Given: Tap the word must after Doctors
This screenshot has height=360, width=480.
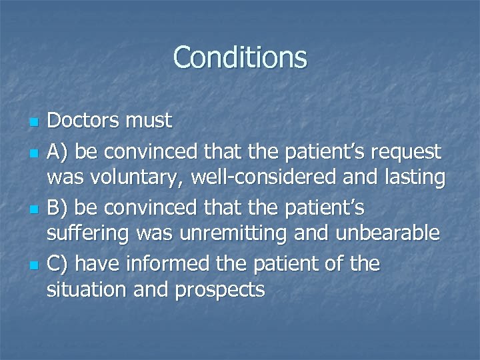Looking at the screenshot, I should coord(148,121).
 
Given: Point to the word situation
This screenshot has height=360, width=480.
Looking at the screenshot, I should coord(83,291).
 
